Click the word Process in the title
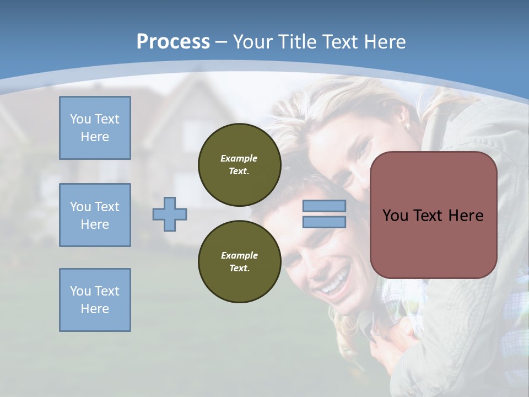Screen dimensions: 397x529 coord(173,41)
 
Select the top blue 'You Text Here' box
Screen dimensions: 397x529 coord(95,128)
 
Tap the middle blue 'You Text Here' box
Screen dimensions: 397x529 coord(95,215)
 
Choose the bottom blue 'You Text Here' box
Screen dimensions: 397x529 coord(95,300)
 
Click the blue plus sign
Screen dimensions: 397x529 coord(170,214)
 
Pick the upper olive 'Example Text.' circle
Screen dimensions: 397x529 coord(239,165)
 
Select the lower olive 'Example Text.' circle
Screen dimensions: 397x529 coord(239,262)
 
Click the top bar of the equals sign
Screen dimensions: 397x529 coord(324,206)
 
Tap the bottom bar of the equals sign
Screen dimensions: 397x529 coord(324,222)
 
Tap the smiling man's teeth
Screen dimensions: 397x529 coord(334,285)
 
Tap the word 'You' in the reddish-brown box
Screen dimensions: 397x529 coord(396,216)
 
